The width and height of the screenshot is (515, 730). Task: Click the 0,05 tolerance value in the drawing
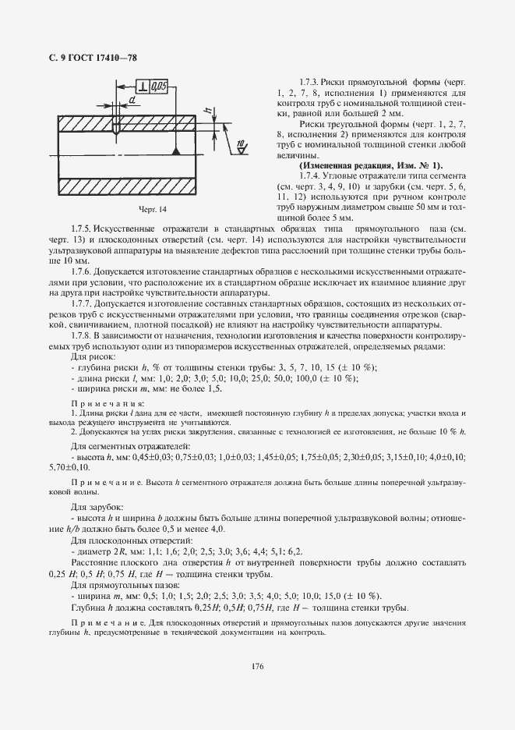(x=159, y=86)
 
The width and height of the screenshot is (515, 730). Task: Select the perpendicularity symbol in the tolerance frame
(x=144, y=86)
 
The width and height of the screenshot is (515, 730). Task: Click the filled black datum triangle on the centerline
(x=178, y=151)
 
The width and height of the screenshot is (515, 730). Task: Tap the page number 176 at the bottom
(x=257, y=665)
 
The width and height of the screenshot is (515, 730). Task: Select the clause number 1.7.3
(x=311, y=82)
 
